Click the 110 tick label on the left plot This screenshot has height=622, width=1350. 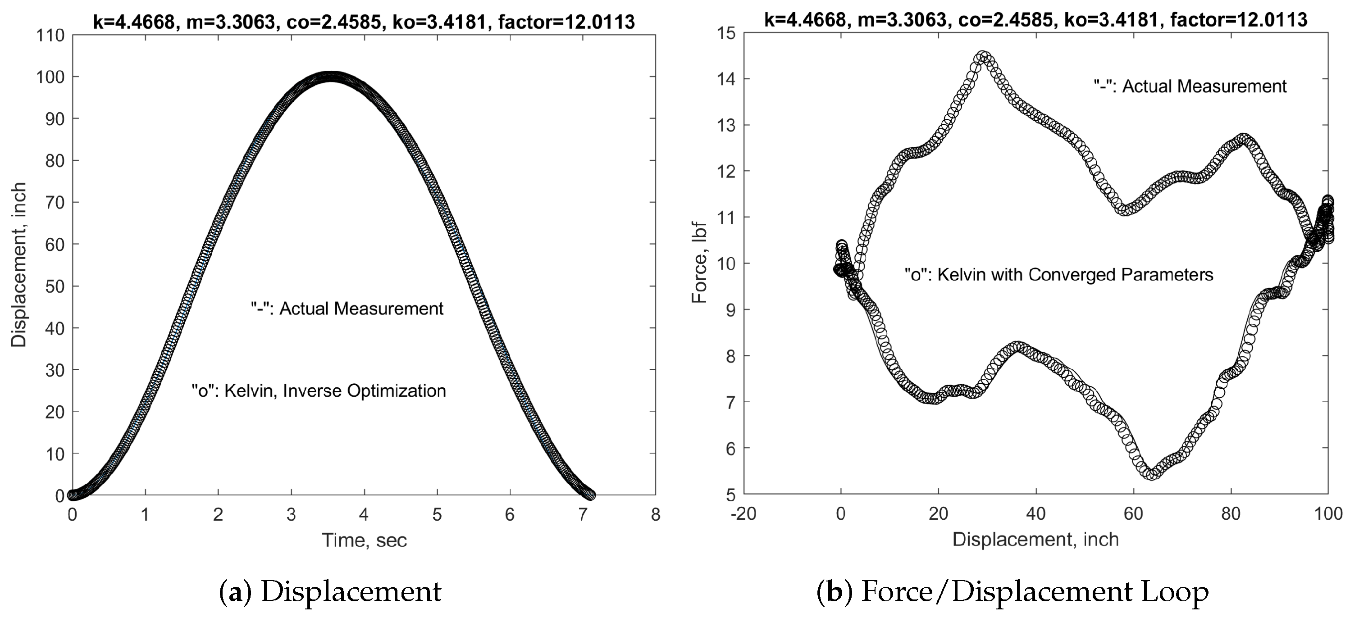pyautogui.click(x=50, y=36)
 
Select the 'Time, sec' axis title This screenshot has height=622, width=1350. pyautogui.click(x=364, y=540)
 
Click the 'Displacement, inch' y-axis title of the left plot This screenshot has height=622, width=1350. pyautogui.click(x=19, y=265)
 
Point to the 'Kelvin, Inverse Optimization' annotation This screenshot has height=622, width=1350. pyautogui.click(x=319, y=391)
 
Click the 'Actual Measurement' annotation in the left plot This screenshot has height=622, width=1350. pyautogui.click(x=347, y=309)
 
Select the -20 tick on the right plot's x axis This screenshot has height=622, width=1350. pyautogui.click(x=743, y=513)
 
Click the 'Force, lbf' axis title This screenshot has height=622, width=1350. pyautogui.click(x=700, y=263)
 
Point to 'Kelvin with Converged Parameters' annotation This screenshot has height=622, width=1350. pyautogui.click(x=1058, y=275)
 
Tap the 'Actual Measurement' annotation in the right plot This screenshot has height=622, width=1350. pyautogui.click(x=1190, y=86)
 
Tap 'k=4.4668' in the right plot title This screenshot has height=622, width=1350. pyautogui.click(x=804, y=20)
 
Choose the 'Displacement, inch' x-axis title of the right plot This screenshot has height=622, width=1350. pyautogui.click(x=1035, y=539)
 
